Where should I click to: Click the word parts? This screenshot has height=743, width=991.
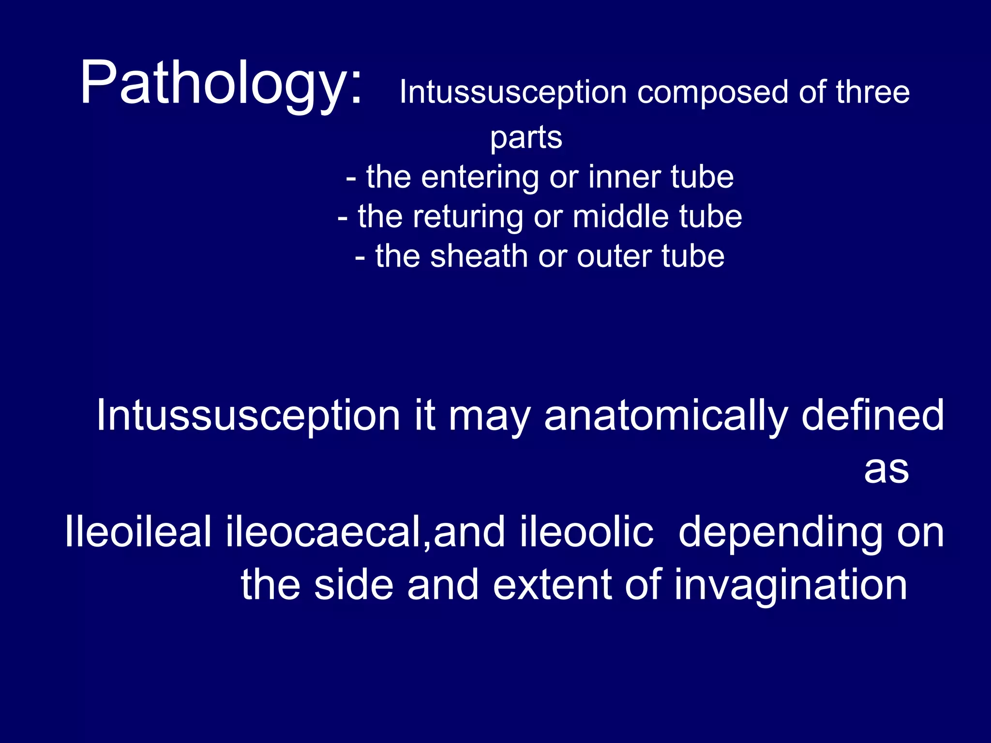click(x=526, y=138)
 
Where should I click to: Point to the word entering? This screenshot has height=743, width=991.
click(x=480, y=178)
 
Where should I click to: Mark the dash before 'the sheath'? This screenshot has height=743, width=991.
click(x=360, y=257)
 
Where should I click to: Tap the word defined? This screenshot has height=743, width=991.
click(x=872, y=415)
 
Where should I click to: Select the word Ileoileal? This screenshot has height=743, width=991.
click(x=138, y=532)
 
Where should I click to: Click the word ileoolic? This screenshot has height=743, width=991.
click(x=586, y=532)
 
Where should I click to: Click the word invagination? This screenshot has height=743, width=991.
click(x=790, y=586)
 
